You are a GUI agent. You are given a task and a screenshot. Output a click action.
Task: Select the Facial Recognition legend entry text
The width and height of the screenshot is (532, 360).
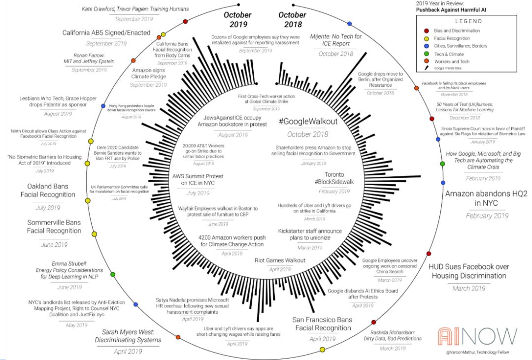coord(452,41)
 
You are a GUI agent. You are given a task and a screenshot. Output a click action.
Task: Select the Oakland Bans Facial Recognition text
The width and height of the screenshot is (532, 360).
coord(48,191)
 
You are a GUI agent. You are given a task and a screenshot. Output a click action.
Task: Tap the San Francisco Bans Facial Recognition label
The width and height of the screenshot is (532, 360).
coord(322,324)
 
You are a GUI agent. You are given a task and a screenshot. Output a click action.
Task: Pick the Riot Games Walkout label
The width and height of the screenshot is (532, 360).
coord(280,260)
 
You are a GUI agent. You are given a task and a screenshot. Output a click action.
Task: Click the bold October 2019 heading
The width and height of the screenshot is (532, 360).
coord(237,20)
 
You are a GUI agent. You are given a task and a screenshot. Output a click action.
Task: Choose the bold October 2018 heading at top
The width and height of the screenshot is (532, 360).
coord(292,20)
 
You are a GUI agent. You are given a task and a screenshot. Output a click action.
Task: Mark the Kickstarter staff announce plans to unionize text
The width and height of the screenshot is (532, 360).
coord(303,234)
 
